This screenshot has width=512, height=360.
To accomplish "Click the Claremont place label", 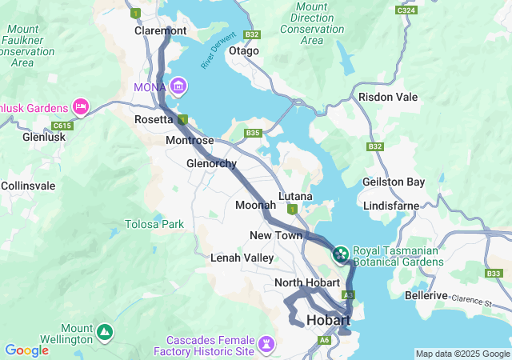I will pyautogui.click(x=160, y=30).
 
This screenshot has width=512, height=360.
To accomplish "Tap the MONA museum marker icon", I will pyautogui.click(x=178, y=86).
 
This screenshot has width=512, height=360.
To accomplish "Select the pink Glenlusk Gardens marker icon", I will pyautogui.click(x=81, y=106).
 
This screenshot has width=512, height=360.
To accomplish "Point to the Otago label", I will pyautogui.click(x=244, y=50).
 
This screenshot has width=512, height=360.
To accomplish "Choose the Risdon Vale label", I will pyautogui.click(x=388, y=97).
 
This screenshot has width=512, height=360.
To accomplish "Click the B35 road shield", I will pyautogui.click(x=254, y=133).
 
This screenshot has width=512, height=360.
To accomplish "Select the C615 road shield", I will pyautogui.click(x=61, y=126).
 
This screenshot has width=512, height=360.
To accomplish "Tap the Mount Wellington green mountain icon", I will pyautogui.click(x=104, y=331).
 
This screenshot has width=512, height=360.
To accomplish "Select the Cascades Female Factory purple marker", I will pyautogui.click(x=266, y=345).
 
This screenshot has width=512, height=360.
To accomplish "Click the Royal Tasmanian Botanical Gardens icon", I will pyautogui.click(x=340, y=254).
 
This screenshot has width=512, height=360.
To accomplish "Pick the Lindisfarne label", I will pyautogui.click(x=390, y=206).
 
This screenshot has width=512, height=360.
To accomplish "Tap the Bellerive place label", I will pyautogui.click(x=426, y=295).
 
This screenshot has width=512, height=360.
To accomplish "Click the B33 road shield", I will pyautogui.click(x=494, y=274).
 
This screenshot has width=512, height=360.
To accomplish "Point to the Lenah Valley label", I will pyautogui.click(x=242, y=258).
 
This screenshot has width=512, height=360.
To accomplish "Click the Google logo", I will pyautogui.click(x=26, y=350).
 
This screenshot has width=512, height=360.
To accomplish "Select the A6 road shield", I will pyautogui.click(x=324, y=341).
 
